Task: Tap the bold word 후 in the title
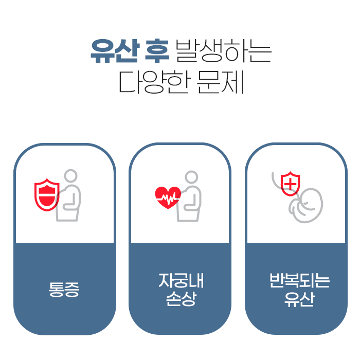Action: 156,51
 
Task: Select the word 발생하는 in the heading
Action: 223,51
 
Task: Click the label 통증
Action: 64,290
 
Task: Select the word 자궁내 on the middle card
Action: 179,281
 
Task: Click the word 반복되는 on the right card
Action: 296,281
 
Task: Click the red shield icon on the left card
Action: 47,194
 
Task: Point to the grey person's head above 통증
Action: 70,176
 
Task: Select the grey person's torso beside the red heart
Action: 190,203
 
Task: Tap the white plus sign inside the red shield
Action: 290,183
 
